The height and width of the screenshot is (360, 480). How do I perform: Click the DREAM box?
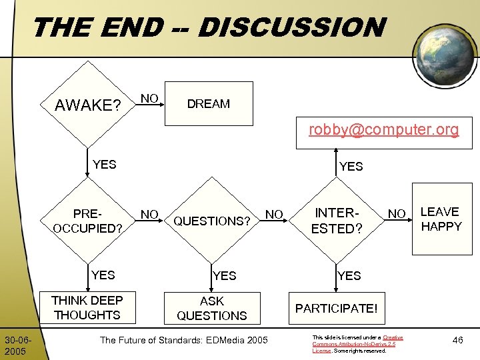(209, 103)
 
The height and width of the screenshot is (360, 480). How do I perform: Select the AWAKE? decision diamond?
(87, 105)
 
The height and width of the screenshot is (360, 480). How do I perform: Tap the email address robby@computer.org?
(383, 129)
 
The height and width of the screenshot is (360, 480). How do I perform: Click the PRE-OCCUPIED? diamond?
(87, 221)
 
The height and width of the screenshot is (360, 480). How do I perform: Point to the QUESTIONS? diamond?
(212, 221)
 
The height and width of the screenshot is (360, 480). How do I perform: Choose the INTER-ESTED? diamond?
(337, 221)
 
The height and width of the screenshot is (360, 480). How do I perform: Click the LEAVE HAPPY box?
(441, 219)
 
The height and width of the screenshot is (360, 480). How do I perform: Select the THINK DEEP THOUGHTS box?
(87, 307)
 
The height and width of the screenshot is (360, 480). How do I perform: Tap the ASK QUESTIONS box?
(212, 308)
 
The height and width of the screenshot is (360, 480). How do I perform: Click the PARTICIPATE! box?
(336, 308)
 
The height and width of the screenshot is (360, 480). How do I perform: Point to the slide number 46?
(457, 341)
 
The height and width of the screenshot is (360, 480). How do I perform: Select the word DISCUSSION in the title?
(291, 28)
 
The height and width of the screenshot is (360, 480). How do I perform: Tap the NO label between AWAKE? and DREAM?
(149, 99)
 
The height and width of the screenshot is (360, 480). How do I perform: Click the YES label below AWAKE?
(104, 165)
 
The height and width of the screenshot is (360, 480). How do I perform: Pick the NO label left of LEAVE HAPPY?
(397, 214)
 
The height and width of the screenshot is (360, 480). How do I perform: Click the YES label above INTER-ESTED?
(351, 167)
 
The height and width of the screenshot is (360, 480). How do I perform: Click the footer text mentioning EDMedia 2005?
(183, 341)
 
